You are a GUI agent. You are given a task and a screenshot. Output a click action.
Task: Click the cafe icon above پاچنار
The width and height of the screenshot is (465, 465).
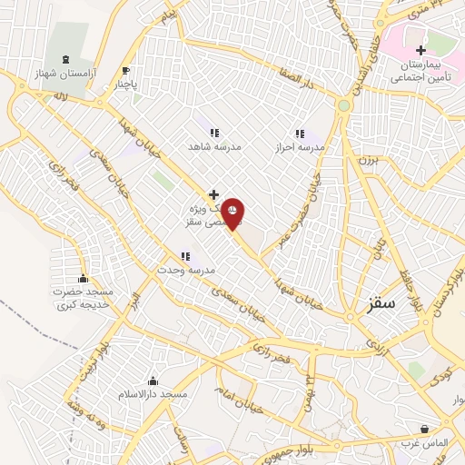tap(126, 71)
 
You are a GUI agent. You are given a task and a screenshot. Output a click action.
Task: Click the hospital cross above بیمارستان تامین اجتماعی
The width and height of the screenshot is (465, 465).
tap(420, 50)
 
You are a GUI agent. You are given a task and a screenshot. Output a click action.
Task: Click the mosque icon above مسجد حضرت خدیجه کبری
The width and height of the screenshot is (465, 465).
tap(84, 278)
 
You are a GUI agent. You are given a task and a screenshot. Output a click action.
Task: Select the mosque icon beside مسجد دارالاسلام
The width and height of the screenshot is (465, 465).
tap(152, 381)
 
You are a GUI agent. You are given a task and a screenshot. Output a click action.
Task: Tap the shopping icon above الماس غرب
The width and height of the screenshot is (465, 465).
tap(424, 429)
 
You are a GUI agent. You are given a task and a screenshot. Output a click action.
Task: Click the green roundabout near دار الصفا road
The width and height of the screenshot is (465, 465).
tap(343, 106)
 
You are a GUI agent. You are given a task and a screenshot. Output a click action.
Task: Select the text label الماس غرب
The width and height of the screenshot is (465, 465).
tap(424, 444)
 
